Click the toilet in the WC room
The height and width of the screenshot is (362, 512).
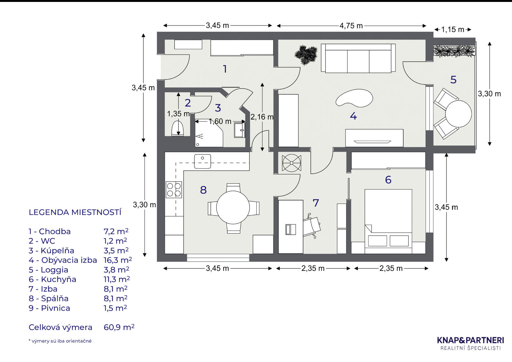tap(178, 129)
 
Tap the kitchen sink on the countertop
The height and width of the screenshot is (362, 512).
tap(203, 161)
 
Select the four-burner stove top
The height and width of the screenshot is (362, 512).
tap(174, 189)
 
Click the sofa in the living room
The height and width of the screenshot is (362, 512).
tap(358, 58)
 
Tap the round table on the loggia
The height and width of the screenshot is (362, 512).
tap(458, 114)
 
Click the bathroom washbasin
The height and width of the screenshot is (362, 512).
tap(240, 130)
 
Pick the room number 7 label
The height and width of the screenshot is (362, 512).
tap(316, 203)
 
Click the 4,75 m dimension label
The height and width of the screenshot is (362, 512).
tap(351, 26)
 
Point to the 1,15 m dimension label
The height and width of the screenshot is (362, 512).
tap(452, 29)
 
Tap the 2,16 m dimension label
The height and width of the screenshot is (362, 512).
tap(262, 117)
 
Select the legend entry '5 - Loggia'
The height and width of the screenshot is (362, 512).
tap(48, 270)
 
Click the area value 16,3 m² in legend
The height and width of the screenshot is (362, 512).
tap(118, 260)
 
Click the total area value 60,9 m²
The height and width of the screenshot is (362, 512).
tap(119, 327)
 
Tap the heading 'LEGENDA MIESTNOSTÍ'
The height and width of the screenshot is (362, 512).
tap(75, 212)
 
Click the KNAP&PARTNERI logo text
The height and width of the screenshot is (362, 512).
tap(470, 340)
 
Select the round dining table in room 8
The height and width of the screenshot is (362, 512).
tap(233, 207)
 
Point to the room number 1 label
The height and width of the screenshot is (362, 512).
tap(225, 69)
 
